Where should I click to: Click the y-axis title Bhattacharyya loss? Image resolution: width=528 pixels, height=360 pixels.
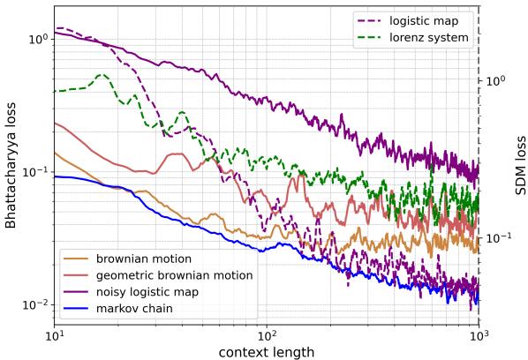point(11,165)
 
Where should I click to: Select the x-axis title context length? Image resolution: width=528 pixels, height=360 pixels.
point(267,351)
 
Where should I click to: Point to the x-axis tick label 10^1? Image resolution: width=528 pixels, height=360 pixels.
point(55,335)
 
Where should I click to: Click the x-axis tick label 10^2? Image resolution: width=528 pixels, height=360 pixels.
point(267,335)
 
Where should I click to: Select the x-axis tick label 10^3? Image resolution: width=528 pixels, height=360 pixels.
point(479,335)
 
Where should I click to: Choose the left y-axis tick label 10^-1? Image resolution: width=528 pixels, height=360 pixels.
point(34,172)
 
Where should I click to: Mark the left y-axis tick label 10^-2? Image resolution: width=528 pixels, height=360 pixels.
point(34,305)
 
